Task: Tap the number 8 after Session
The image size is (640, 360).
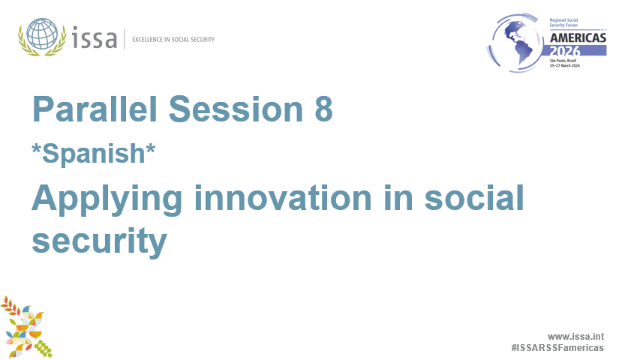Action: (323, 109)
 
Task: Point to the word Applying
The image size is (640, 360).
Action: (107, 199)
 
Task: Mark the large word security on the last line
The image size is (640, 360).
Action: (98, 240)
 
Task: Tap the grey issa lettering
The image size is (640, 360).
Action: (95, 37)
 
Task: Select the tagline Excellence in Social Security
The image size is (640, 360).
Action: (173, 39)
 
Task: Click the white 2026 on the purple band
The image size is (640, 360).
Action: (577, 49)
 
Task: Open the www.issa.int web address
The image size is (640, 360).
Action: (575, 337)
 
